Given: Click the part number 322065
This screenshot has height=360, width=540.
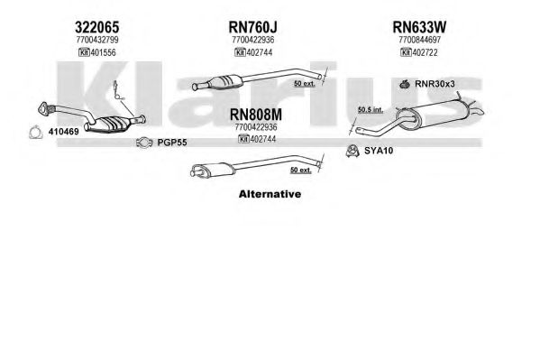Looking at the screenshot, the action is (x=96, y=27).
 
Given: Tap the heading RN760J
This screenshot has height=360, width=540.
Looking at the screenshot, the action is (x=252, y=27).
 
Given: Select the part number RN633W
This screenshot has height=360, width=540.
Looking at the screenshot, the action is (x=419, y=27).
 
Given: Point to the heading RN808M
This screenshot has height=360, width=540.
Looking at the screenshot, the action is (x=255, y=115).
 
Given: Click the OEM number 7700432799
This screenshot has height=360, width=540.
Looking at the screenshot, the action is (x=97, y=40).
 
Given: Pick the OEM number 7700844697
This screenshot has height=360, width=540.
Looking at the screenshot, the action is (x=419, y=40).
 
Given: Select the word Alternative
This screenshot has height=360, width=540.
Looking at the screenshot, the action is (x=270, y=194).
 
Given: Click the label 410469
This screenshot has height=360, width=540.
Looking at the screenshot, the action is (x=63, y=132).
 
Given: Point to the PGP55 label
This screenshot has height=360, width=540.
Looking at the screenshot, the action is (x=172, y=143).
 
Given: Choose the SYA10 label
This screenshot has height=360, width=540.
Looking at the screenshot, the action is (x=379, y=151).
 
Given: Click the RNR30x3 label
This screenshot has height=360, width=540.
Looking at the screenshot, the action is (x=435, y=84).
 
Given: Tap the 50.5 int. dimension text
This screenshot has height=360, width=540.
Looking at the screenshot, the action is (x=371, y=110).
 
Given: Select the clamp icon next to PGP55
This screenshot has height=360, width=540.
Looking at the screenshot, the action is (x=144, y=143).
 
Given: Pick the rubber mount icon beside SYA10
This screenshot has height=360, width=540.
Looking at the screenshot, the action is (x=352, y=151).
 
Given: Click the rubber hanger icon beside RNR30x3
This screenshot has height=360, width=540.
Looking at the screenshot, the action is (x=405, y=84).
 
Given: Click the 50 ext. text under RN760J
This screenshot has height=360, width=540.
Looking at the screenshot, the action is (x=305, y=83).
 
